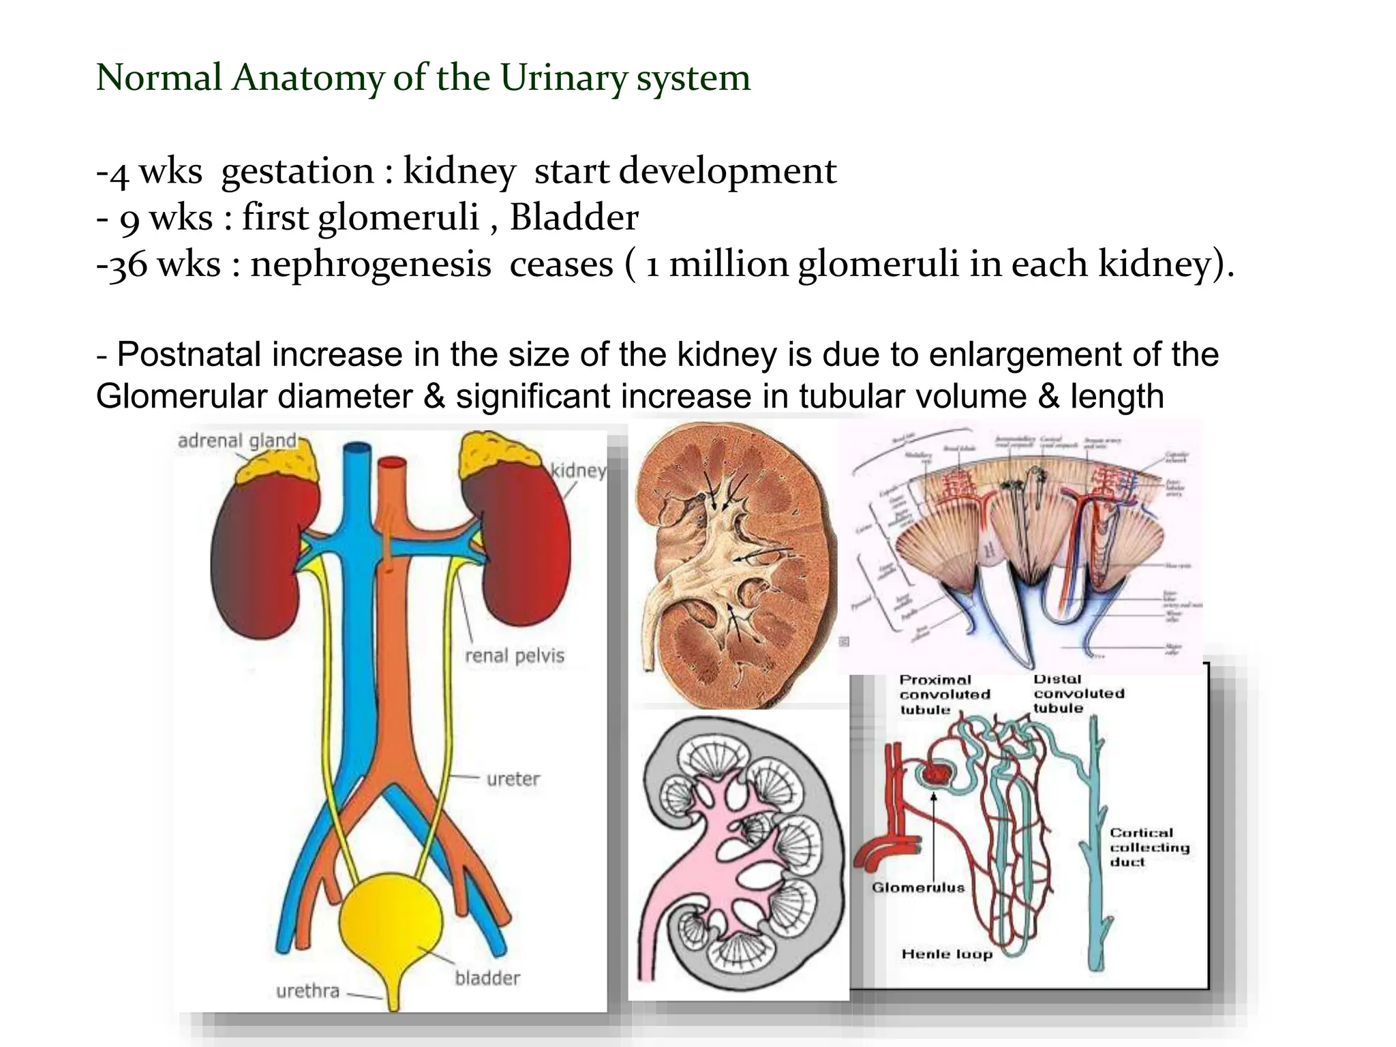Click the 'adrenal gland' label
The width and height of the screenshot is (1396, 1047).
tap(237, 441)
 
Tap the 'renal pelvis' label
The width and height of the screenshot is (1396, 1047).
tap(515, 656)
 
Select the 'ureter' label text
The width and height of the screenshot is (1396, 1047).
tap(513, 778)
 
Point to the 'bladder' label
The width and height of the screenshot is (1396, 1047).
tap(487, 978)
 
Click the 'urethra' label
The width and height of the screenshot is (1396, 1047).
tap(307, 990)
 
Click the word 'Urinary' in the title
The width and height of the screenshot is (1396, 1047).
tap(563, 78)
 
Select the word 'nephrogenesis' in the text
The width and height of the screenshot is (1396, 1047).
tap(370, 264)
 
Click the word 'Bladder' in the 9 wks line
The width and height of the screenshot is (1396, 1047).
tap(574, 218)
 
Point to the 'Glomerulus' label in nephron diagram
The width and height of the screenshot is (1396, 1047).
tap(918, 887)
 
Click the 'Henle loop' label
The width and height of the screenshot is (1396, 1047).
tap(947, 954)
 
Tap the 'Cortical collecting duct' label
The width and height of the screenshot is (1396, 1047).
tap(1149, 847)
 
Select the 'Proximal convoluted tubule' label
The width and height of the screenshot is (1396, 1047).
tap(944, 695)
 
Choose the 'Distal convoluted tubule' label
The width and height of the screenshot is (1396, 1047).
tap(1078, 693)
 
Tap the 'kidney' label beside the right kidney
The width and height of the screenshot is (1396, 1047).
tap(578, 470)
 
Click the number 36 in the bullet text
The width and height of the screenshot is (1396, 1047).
tap(128, 264)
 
